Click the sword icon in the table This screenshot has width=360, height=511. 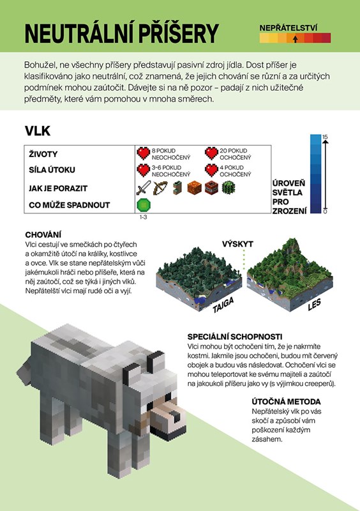pyautogui.click(x=144, y=188)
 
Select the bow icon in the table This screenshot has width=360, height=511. pyautogui.click(x=160, y=188)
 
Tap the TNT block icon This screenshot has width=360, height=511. pyautogui.click(x=211, y=188)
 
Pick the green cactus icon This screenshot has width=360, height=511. pyautogui.click(x=229, y=188)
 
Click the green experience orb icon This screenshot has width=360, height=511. pyautogui.click(x=144, y=205)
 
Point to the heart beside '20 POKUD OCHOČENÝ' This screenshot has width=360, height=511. pyautogui.click(x=211, y=153)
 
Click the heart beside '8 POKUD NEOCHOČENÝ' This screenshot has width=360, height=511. pyautogui.click(x=144, y=153)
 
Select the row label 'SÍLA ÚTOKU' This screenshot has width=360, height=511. pyautogui.click(x=52, y=170)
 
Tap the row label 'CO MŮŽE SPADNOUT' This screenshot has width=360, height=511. pyautogui.click(x=70, y=205)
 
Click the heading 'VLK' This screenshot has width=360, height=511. pyautogui.click(x=38, y=131)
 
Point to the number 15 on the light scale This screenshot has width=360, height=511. pyautogui.click(x=325, y=137)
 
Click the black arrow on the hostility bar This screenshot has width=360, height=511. pyautogui.click(x=295, y=39)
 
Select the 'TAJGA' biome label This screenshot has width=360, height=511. pyautogui.click(x=223, y=305)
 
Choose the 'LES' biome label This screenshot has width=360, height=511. pyautogui.click(x=315, y=305)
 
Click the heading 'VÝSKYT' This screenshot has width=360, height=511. pyautogui.click(x=237, y=244)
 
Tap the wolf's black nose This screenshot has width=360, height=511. pyautogui.click(x=176, y=416)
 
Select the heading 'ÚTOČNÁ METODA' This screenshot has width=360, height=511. pyautogui.click(x=286, y=402)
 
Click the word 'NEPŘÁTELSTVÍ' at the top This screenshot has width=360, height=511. pyautogui.click(x=289, y=28)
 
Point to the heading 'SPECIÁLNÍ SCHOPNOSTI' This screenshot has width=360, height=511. pyautogui.click(x=234, y=337)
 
